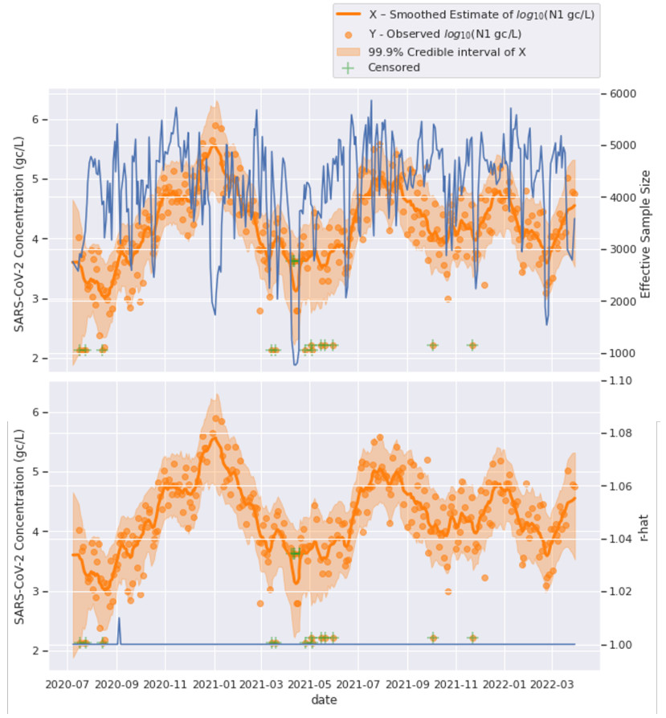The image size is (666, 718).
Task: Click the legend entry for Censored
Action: [394, 68]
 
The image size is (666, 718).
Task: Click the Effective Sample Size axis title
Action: [645, 233]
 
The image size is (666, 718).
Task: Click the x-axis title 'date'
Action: [324, 700]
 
